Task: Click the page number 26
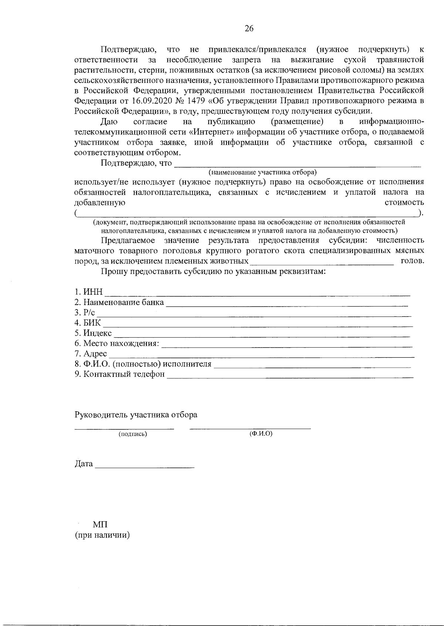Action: [249, 29]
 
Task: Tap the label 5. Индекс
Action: [93, 333]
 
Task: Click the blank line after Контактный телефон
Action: [290, 377]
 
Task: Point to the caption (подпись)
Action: [132, 434]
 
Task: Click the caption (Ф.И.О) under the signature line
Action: [261, 433]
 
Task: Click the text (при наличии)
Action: [102, 535]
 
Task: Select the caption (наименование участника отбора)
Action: [263, 173]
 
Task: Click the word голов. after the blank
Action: [412, 261]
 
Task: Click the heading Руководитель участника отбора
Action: [136, 415]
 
